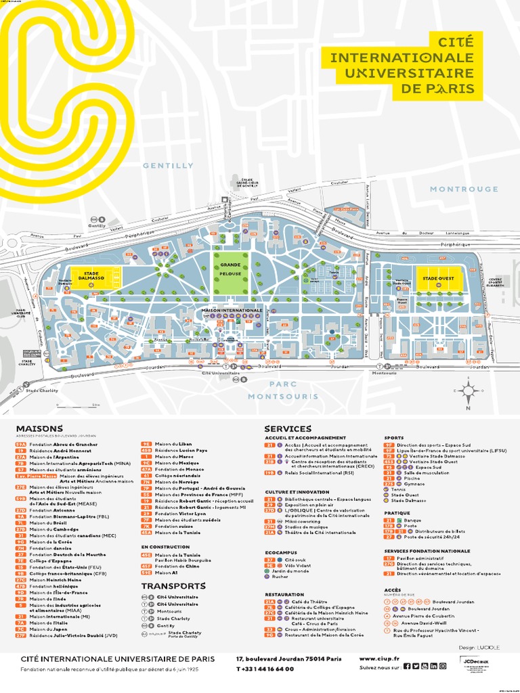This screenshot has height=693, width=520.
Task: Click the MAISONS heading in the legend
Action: coord(39,428)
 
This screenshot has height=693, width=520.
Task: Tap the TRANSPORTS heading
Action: coord(173,585)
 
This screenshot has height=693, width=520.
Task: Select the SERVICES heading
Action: coord(288,428)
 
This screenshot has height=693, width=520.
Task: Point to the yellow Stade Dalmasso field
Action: coord(96,277)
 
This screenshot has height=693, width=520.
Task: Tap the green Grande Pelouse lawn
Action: coord(230,271)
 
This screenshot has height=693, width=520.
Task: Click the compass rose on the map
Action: coord(468,390)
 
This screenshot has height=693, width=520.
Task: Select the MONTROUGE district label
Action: coord(464,189)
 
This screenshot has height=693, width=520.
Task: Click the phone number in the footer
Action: coord(265,669)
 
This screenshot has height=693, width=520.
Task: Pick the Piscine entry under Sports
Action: coord(411,478)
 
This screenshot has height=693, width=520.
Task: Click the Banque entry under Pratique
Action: coord(411,520)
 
